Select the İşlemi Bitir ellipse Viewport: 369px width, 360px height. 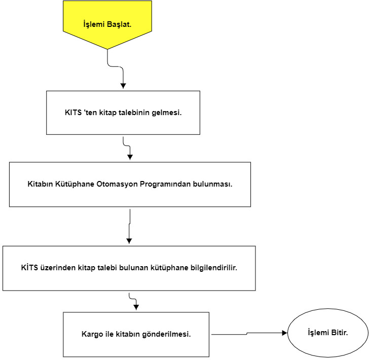[328, 333]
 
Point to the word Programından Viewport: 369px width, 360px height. [165, 184]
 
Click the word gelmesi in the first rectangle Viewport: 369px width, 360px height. [167, 113]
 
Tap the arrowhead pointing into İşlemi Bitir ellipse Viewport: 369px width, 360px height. [284, 333]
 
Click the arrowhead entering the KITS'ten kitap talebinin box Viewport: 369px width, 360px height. [123, 86]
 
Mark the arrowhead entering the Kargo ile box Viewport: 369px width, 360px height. [136, 307]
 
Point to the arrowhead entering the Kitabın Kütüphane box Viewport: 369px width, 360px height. [130, 157]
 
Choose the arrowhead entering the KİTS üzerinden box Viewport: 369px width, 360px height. [129, 241]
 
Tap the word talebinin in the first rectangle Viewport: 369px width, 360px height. [134, 113]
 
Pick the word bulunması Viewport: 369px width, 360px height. [213, 184]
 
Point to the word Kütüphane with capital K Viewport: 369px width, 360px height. [75, 184]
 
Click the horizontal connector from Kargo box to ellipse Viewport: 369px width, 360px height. [247, 334]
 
